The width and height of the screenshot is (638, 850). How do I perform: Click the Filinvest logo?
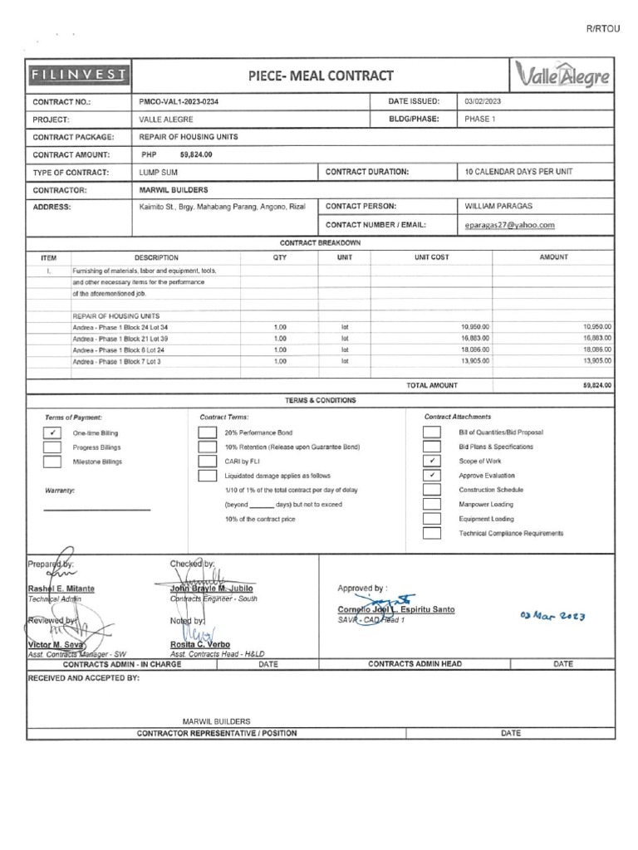(78, 76)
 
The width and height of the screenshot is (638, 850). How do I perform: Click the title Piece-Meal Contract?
(320, 76)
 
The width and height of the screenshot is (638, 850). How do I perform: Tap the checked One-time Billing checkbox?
(52, 432)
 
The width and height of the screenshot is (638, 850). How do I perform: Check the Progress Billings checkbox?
(52, 447)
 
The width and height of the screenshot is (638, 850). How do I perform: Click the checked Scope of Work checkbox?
(432, 461)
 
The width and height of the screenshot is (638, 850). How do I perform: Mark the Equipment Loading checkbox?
(432, 518)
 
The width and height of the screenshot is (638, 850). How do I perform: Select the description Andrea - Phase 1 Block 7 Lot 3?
(117, 362)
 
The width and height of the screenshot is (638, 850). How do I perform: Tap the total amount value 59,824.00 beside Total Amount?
(596, 386)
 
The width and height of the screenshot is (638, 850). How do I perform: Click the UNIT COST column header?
(431, 257)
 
